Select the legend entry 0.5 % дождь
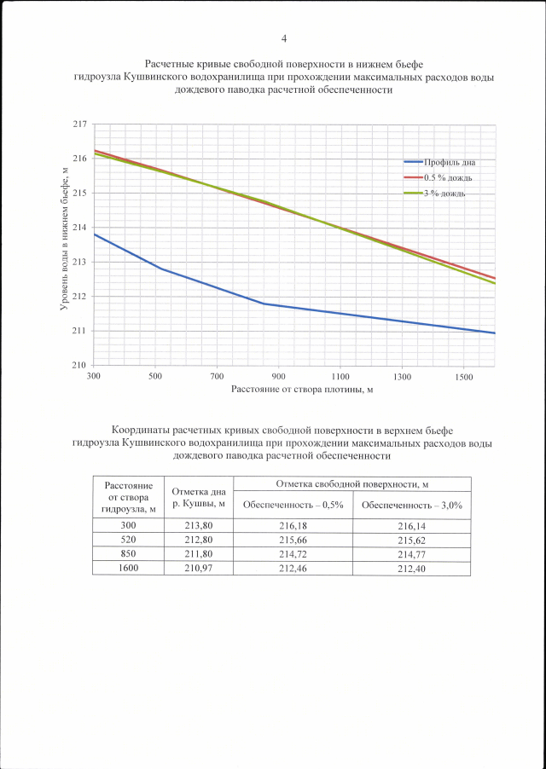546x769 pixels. [447, 177]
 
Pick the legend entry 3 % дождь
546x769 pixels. [446, 194]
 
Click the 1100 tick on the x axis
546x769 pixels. [340, 376]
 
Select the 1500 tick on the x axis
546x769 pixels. [463, 376]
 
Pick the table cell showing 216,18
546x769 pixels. [293, 526]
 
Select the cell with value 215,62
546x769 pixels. [411, 540]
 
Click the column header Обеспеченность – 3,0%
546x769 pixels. [411, 505]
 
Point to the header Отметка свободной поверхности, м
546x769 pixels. [351, 484]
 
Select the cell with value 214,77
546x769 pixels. [411, 553]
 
